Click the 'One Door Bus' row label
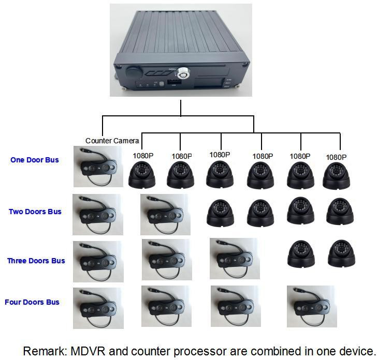click(35, 160)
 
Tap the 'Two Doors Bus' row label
click(35, 212)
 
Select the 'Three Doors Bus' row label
click(36, 261)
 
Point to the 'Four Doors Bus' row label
click(32, 302)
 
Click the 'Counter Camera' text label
click(112, 141)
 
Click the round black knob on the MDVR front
click(134, 70)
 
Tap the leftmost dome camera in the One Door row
click(142, 174)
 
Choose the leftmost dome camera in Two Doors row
click(221, 213)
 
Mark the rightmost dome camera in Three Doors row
click(341, 253)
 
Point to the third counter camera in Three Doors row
click(234, 258)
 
